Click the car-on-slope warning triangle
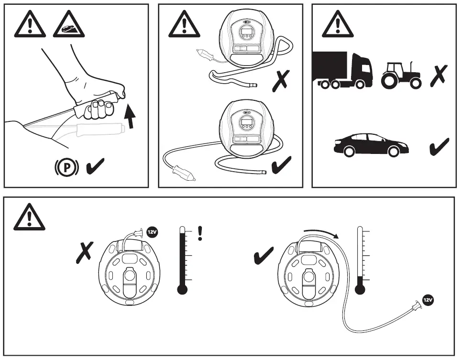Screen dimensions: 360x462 [68, 24]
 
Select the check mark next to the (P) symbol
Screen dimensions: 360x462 [96, 167]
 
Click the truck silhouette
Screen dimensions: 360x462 [342, 70]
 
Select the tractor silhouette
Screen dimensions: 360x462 [401, 76]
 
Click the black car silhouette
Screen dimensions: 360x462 [371, 145]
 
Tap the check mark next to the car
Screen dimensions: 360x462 [439, 147]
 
